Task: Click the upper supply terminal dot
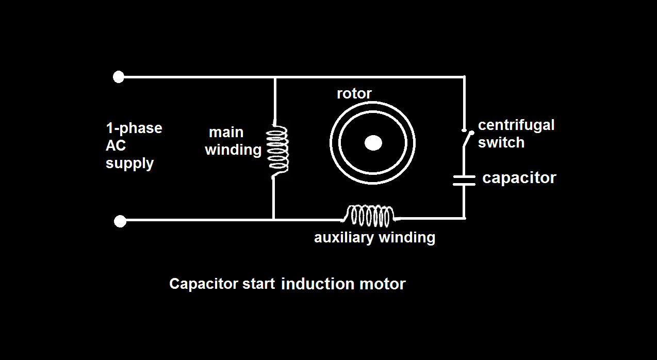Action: click(119, 77)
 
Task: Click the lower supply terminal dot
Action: click(120, 221)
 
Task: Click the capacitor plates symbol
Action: click(464, 179)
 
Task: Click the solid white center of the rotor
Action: click(373, 143)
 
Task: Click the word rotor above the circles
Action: click(354, 93)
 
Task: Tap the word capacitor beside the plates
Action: click(519, 178)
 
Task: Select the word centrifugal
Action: click(516, 125)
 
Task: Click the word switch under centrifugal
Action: click(501, 142)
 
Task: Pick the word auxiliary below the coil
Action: click(344, 237)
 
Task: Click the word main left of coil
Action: click(226, 132)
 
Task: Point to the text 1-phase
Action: click(134, 128)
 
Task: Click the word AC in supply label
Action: click(116, 145)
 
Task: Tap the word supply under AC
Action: click(129, 164)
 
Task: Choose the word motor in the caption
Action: click(382, 284)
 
